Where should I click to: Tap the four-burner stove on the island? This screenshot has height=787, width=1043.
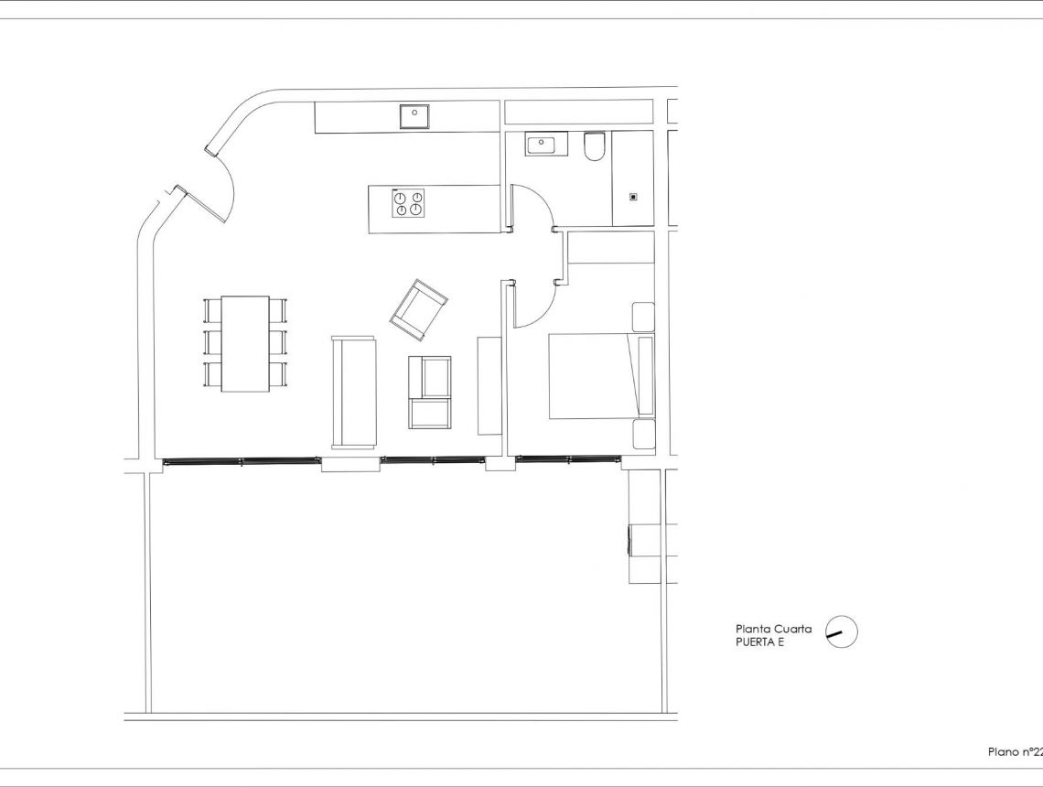(408, 203)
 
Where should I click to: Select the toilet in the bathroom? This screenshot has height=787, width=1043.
(595, 146)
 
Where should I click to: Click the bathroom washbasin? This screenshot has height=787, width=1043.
(546, 144)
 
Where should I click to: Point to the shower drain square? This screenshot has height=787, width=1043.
(632, 196)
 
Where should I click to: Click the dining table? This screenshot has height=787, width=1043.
(245, 343)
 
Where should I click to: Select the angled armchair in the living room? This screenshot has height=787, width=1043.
(418, 309)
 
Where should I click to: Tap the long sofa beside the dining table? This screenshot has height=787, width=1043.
(354, 393)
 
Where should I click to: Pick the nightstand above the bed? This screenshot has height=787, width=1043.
(643, 316)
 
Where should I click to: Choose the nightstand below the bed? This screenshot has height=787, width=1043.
(643, 434)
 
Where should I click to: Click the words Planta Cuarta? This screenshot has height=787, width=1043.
(773, 629)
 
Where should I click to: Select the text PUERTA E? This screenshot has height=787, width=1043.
(760, 642)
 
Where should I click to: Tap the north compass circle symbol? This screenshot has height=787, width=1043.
(842, 632)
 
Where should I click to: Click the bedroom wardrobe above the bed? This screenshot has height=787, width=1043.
(611, 248)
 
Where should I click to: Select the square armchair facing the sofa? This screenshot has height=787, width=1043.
(430, 392)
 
